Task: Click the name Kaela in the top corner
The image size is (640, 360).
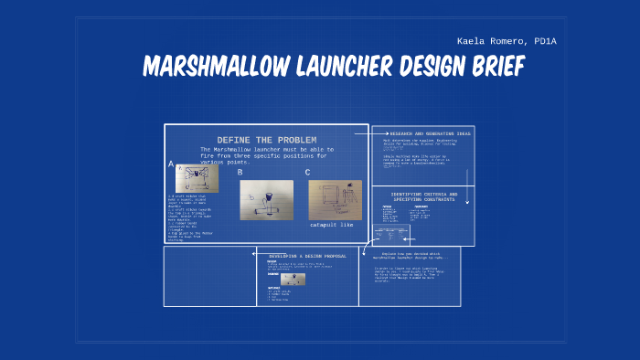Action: [x=472, y=41]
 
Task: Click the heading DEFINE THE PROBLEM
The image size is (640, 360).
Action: [x=266, y=140]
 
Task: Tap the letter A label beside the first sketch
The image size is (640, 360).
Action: [x=171, y=164]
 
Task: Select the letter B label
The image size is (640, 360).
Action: [x=240, y=172]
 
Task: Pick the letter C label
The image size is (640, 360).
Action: [x=307, y=172]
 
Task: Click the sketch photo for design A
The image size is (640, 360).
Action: [x=197, y=178]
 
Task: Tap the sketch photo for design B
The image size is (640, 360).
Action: [x=267, y=200]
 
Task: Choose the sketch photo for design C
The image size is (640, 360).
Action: [x=335, y=199]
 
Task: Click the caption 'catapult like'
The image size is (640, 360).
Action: [x=331, y=225]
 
